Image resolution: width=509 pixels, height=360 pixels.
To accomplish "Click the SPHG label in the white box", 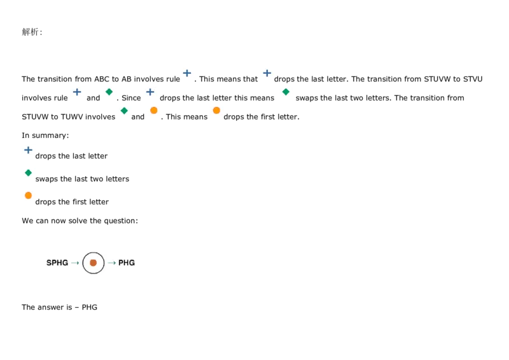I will [57, 263].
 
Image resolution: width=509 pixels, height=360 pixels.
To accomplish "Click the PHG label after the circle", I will [127, 263].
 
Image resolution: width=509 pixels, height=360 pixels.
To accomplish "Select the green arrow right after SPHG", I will [75, 263].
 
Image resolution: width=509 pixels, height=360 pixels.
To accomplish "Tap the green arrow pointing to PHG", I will [112, 263].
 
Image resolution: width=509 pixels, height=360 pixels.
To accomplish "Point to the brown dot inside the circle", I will [94, 263].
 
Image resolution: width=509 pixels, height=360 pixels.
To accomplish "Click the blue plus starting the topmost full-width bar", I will [28, 150].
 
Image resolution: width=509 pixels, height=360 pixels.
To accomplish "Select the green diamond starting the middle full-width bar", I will [28, 172].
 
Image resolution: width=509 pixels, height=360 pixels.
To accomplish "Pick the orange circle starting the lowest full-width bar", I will [28, 195].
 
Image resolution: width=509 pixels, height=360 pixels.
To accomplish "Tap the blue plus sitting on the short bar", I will [150, 92].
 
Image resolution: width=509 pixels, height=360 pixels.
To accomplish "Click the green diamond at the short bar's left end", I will [109, 92].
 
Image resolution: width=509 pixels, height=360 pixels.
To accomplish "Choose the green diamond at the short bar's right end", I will [286, 92].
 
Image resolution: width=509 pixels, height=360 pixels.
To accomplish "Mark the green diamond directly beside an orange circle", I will [124, 110].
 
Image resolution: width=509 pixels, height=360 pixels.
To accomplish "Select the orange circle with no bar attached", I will [153, 110].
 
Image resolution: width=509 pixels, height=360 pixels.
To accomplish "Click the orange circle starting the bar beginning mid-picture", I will [216, 110].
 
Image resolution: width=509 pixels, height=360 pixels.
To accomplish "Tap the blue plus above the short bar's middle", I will [187, 73].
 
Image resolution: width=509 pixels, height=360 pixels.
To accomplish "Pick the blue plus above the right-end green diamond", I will [267, 73].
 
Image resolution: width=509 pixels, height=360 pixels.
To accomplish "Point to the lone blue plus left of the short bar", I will [77, 92].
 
